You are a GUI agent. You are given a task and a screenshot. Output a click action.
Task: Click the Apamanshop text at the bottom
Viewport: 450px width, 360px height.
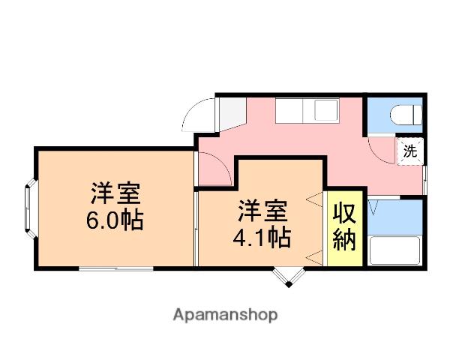pyautogui.click(x=225, y=315)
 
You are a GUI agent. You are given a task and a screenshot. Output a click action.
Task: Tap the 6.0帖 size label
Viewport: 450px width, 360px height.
pyautogui.click(x=115, y=222)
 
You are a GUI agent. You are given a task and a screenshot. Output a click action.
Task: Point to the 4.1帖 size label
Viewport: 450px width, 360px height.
pyautogui.click(x=262, y=238)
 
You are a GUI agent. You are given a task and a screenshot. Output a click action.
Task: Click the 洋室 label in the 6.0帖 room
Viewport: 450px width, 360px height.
pyautogui.click(x=115, y=194)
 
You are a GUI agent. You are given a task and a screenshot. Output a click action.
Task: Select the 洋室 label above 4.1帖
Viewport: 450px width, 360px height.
pyautogui.click(x=262, y=211)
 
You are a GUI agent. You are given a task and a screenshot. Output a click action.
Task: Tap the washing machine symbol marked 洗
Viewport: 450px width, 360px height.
pyautogui.click(x=409, y=151)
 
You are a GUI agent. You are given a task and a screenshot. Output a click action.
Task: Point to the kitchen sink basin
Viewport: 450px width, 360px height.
pyautogui.click(x=326, y=111)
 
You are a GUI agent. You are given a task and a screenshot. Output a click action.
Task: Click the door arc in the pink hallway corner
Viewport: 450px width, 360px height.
pyautogui.click(x=214, y=168)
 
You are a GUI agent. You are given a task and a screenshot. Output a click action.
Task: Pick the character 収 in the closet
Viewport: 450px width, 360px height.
pyautogui.click(x=345, y=213)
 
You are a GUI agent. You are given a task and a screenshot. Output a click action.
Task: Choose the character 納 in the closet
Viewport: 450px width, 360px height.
pyautogui.click(x=345, y=244)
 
